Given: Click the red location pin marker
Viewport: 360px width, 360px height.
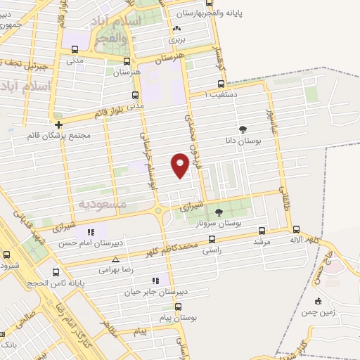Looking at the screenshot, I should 180,164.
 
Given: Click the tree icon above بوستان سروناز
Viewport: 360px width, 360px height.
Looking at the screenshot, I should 218,212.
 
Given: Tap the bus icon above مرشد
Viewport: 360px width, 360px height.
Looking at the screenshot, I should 262,231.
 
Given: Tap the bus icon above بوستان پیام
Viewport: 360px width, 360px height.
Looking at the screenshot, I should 178,307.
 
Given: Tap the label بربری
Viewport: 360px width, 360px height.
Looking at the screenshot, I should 176,40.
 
